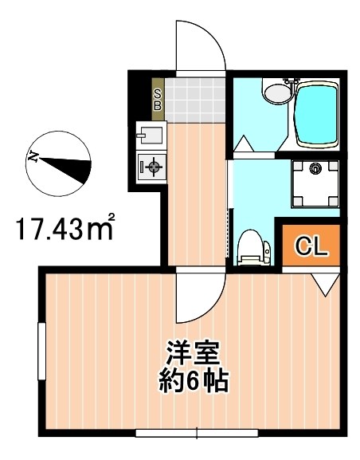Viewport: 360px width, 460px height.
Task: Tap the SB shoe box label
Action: (157, 97)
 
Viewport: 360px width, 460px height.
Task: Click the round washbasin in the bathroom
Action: (276, 92)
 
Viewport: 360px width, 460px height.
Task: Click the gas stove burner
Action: (152, 167)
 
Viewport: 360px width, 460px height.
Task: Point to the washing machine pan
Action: (315, 182)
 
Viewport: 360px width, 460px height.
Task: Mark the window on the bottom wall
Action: (198, 433)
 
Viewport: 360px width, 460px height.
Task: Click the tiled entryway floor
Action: (195, 99)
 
